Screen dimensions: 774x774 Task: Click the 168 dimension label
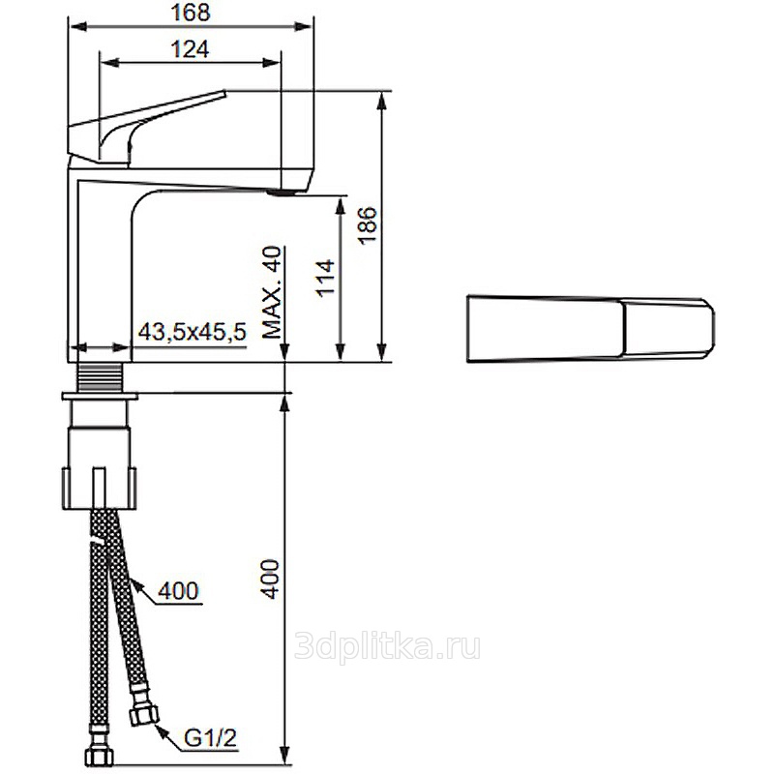click(x=191, y=13)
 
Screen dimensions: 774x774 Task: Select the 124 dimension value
click(x=190, y=49)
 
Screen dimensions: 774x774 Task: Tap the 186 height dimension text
click(x=369, y=225)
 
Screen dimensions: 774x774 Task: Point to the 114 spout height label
click(x=326, y=278)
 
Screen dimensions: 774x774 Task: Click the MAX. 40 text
click(x=272, y=292)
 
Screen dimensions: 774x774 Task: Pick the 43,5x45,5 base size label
click(x=192, y=332)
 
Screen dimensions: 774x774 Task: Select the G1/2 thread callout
click(x=211, y=739)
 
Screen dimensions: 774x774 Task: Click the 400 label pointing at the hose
click(x=178, y=590)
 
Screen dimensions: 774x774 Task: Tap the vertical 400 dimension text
click(x=270, y=579)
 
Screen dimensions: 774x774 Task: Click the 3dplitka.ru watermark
click(x=387, y=646)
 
